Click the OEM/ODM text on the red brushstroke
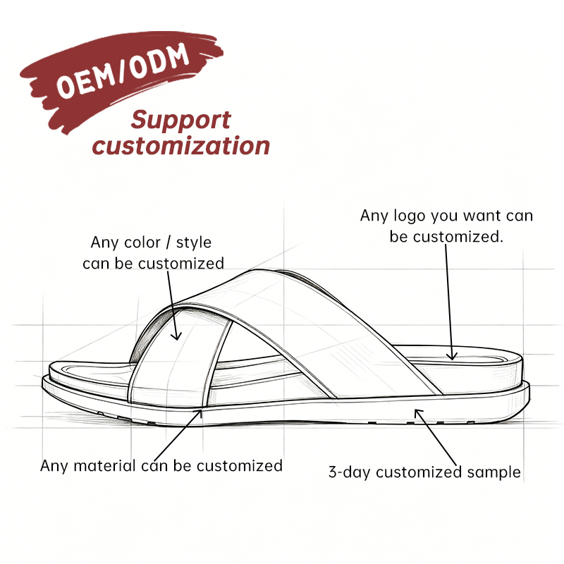(x=123, y=71)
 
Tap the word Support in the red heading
(x=180, y=121)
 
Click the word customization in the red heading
(x=181, y=146)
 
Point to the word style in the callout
(x=193, y=243)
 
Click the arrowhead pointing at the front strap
(x=176, y=336)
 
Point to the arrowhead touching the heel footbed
(x=452, y=356)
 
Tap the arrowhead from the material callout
(x=199, y=412)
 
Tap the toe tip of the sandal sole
(x=43, y=382)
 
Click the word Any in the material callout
(x=54, y=466)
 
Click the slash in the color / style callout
(x=168, y=243)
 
